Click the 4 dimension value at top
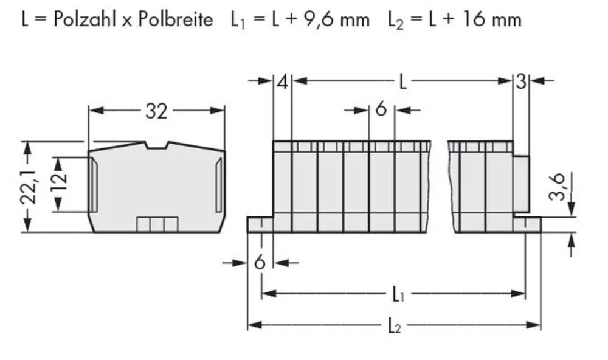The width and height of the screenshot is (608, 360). pyautogui.click(x=282, y=81)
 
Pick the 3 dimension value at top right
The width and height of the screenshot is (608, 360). pyautogui.click(x=520, y=81)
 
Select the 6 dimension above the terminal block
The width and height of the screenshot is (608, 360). pyautogui.click(x=381, y=109)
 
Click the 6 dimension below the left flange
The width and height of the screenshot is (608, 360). pyautogui.click(x=260, y=263)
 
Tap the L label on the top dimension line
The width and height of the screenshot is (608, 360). pyautogui.click(x=402, y=81)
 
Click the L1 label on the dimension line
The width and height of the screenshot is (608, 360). pyautogui.click(x=397, y=296)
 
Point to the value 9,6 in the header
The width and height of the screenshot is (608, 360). pyautogui.click(x=314, y=19)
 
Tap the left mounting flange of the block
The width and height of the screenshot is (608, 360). pyautogui.click(x=259, y=224)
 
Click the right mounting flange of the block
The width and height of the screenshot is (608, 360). pyautogui.click(x=527, y=224)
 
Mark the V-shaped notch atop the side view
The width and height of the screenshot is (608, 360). pyautogui.click(x=157, y=145)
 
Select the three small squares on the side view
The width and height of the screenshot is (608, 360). pyautogui.click(x=157, y=224)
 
